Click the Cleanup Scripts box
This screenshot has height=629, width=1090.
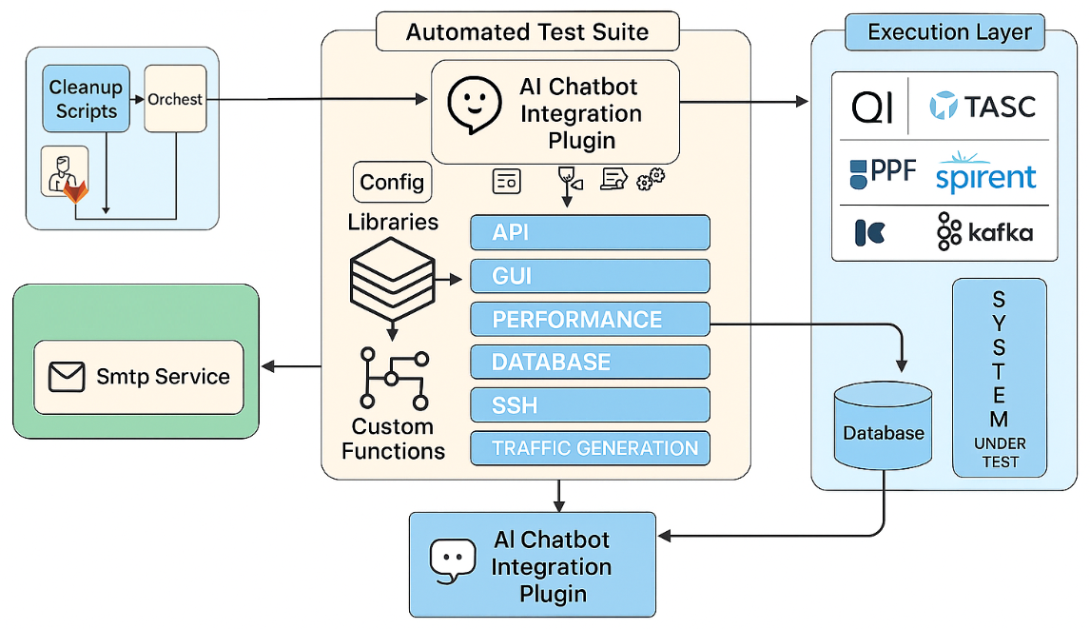point(87,99)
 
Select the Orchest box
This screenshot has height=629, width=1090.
point(174,99)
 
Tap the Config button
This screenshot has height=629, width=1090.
point(392,182)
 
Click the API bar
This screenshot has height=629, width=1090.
point(590,233)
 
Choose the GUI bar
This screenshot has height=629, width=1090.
point(590,276)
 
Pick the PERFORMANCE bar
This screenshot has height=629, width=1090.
point(590,319)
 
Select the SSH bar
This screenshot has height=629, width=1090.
point(590,404)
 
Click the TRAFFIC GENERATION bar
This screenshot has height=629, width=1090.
point(590,447)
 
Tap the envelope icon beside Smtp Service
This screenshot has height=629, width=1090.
point(68,376)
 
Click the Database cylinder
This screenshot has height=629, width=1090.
point(883,433)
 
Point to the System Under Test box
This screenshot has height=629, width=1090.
point(999,378)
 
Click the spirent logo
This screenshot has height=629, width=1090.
point(985,172)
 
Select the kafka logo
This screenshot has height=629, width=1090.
point(984,231)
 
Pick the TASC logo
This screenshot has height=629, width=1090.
point(983,106)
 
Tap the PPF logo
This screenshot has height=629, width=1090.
point(882,172)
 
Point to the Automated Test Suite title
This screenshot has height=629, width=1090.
point(527,31)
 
